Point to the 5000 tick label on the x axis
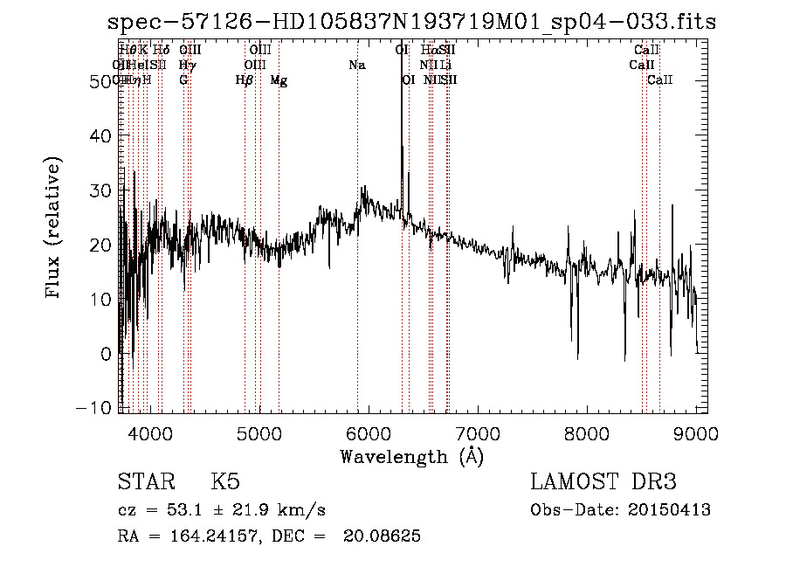pos(258,433)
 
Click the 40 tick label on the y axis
pos(101,136)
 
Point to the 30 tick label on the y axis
pos(101,191)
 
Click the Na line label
pos(356,66)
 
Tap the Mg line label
pos(279,80)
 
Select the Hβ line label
pos(245,80)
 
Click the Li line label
pos(445,66)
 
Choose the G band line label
pos(183,80)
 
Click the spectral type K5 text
pos(225,482)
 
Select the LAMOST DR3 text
pos(603,482)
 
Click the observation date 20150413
pos(672,510)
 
